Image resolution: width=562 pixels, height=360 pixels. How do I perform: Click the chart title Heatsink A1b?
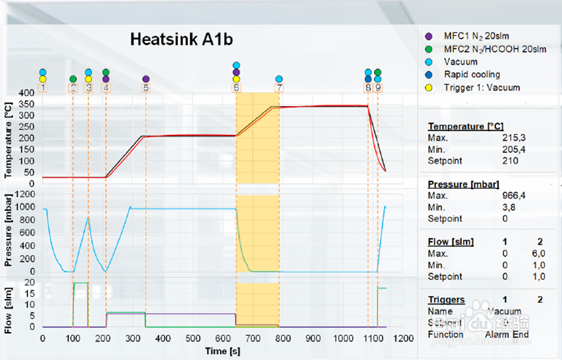181,39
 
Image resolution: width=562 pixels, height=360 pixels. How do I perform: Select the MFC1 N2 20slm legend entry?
468,36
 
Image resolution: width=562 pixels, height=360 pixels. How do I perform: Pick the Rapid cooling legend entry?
472,74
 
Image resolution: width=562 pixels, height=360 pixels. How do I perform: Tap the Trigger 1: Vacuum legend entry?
481,87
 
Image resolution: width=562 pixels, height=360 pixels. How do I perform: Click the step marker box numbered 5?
146,87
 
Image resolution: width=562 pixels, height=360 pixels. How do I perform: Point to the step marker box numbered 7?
279,87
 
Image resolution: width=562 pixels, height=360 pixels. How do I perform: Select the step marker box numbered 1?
42,87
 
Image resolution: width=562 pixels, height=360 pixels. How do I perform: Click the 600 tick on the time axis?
223,339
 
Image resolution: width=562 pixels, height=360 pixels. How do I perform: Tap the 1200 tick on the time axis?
404,339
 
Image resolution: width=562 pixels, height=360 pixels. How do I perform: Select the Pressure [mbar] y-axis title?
8,234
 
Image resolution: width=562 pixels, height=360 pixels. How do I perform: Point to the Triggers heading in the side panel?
446,299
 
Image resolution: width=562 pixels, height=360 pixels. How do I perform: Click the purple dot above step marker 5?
146,79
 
